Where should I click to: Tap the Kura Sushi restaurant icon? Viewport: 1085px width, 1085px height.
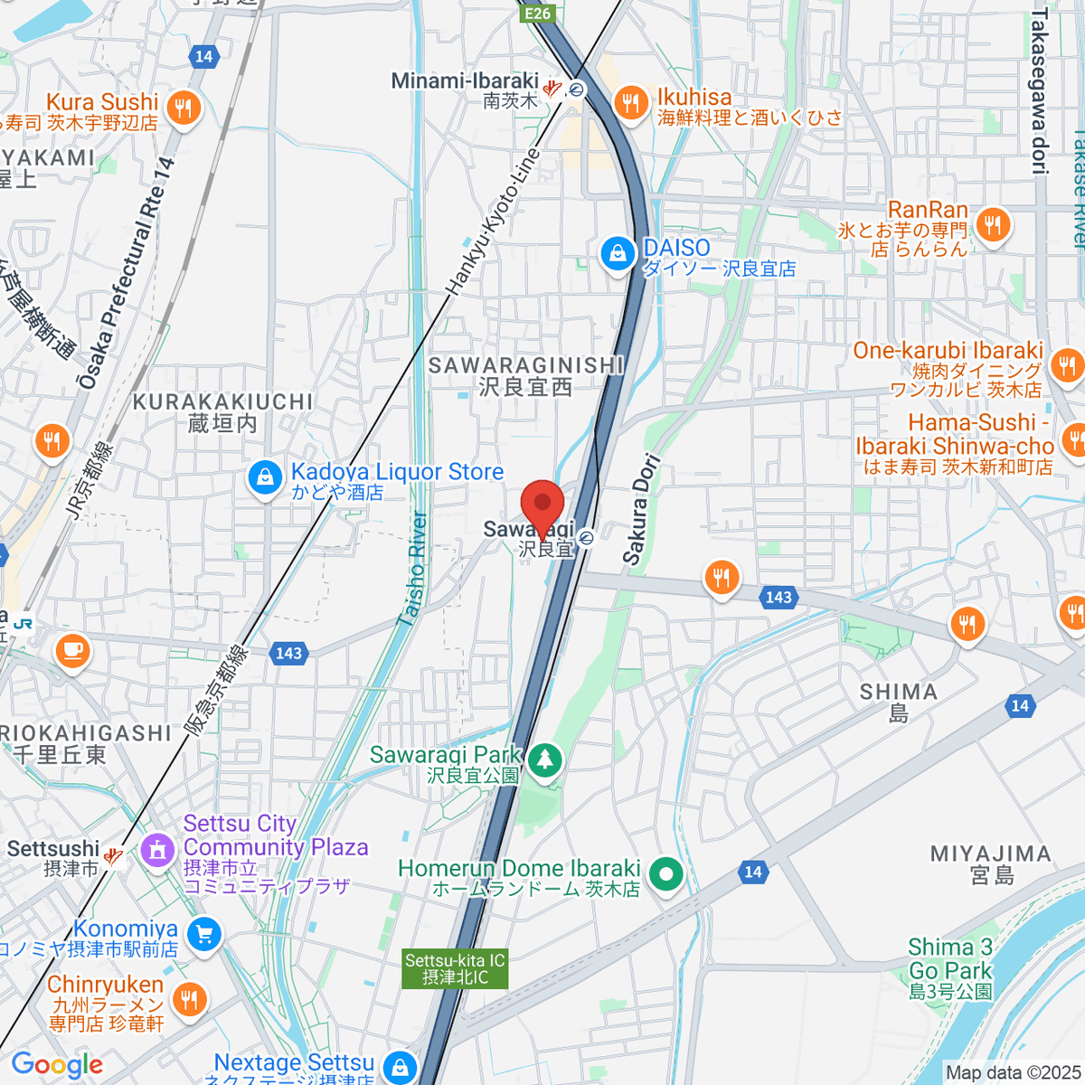point(184,108)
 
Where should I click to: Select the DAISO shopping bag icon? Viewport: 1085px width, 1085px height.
point(618,254)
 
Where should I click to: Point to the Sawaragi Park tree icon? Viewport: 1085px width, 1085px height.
point(544,759)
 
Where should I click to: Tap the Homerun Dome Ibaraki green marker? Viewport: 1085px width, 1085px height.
point(667,874)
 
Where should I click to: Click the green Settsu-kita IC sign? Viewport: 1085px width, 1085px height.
point(455,968)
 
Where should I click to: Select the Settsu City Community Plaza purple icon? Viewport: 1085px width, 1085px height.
point(158,850)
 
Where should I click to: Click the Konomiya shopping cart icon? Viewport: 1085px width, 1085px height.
point(203,934)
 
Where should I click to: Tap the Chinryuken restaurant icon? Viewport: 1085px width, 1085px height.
point(189,999)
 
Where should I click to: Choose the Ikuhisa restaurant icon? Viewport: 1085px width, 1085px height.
point(630,102)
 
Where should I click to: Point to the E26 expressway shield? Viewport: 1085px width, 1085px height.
point(536,13)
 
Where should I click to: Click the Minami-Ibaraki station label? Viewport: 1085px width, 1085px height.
point(465,81)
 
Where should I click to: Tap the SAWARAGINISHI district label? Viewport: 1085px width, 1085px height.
point(525,365)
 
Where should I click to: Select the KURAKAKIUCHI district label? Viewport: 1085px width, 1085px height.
point(222,401)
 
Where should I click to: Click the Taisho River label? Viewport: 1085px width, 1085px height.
point(413,569)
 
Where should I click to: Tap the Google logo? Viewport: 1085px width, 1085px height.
point(57,1064)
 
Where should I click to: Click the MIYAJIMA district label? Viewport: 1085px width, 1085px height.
point(991,854)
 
